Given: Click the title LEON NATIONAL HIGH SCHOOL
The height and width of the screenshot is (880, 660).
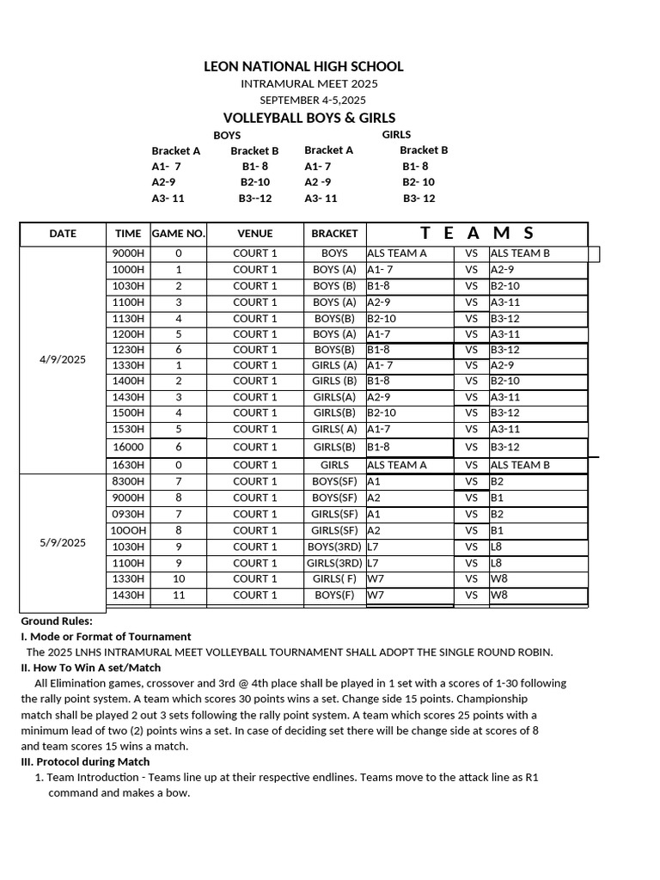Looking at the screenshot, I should tap(303, 66).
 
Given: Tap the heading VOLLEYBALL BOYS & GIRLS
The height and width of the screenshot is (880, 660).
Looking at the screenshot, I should tap(309, 118).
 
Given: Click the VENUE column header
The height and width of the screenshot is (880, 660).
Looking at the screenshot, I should tap(254, 234).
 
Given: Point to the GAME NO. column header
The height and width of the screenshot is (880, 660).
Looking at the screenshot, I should tap(178, 234).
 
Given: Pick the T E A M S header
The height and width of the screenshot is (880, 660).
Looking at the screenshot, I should tap(477, 233).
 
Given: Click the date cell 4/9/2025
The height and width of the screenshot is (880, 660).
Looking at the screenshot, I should tap(63, 359).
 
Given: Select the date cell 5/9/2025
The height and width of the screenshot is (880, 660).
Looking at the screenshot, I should tap(63, 542).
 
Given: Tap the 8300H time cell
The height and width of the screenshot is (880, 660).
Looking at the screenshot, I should tap(128, 481).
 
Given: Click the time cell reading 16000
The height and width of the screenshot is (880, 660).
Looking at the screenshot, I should tap(128, 447).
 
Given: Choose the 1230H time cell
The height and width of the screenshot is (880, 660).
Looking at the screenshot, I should tap(128, 350).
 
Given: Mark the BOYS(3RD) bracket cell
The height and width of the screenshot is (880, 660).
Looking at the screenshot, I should tap(334, 547).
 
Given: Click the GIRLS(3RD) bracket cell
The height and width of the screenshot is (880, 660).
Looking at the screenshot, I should tap(334, 563).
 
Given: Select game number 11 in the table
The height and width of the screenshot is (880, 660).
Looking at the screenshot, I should tap(179, 595).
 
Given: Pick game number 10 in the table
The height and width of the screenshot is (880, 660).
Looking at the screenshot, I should tap(179, 579).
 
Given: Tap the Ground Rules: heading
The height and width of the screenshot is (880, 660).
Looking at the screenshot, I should tap(57, 620).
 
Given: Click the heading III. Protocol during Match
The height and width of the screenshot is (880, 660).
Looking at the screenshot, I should tap(85, 761).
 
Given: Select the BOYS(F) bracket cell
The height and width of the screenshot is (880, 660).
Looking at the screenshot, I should tap(334, 595).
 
